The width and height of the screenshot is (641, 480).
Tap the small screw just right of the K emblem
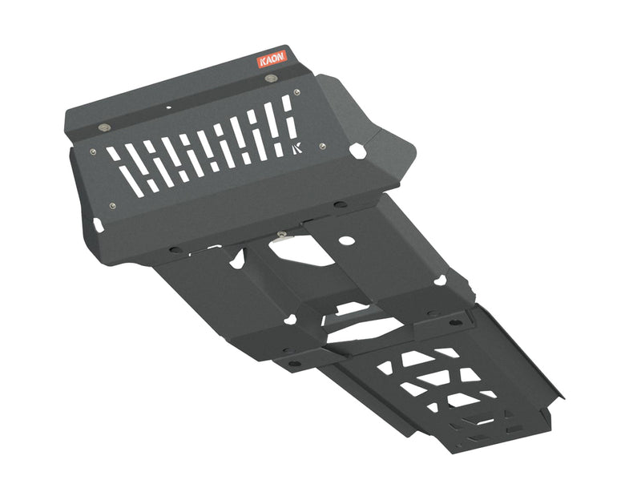321,146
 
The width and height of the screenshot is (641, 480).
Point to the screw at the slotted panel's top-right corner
298,93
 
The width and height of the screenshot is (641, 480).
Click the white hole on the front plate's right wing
358,150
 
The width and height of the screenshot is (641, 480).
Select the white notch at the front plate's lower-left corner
97,225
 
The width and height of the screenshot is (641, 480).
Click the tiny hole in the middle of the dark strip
169,107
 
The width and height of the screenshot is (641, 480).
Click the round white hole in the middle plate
345,240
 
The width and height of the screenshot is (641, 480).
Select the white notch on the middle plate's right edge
440,280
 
